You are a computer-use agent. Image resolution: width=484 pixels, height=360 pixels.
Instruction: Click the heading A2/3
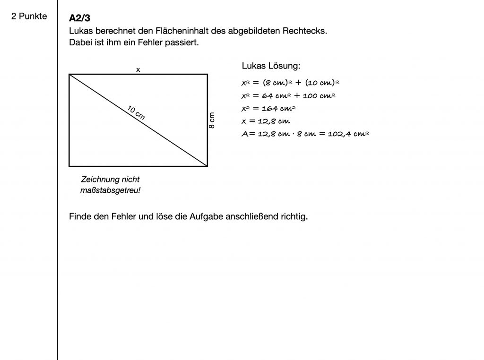(79, 18)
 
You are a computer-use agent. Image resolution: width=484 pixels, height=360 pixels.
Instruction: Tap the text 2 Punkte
(29, 17)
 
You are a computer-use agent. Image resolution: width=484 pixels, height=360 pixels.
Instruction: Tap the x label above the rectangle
(138, 69)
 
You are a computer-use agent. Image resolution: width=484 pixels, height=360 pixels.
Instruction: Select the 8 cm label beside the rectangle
(212, 120)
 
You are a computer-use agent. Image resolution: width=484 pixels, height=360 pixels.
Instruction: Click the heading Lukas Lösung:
(271, 66)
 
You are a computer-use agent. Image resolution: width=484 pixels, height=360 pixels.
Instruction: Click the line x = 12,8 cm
(266, 121)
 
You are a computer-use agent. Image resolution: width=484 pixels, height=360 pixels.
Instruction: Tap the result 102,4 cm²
(348, 134)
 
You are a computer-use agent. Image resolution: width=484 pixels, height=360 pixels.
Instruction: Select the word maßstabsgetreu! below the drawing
(111, 190)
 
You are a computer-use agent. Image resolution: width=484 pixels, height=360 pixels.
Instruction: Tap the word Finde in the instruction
(79, 217)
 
